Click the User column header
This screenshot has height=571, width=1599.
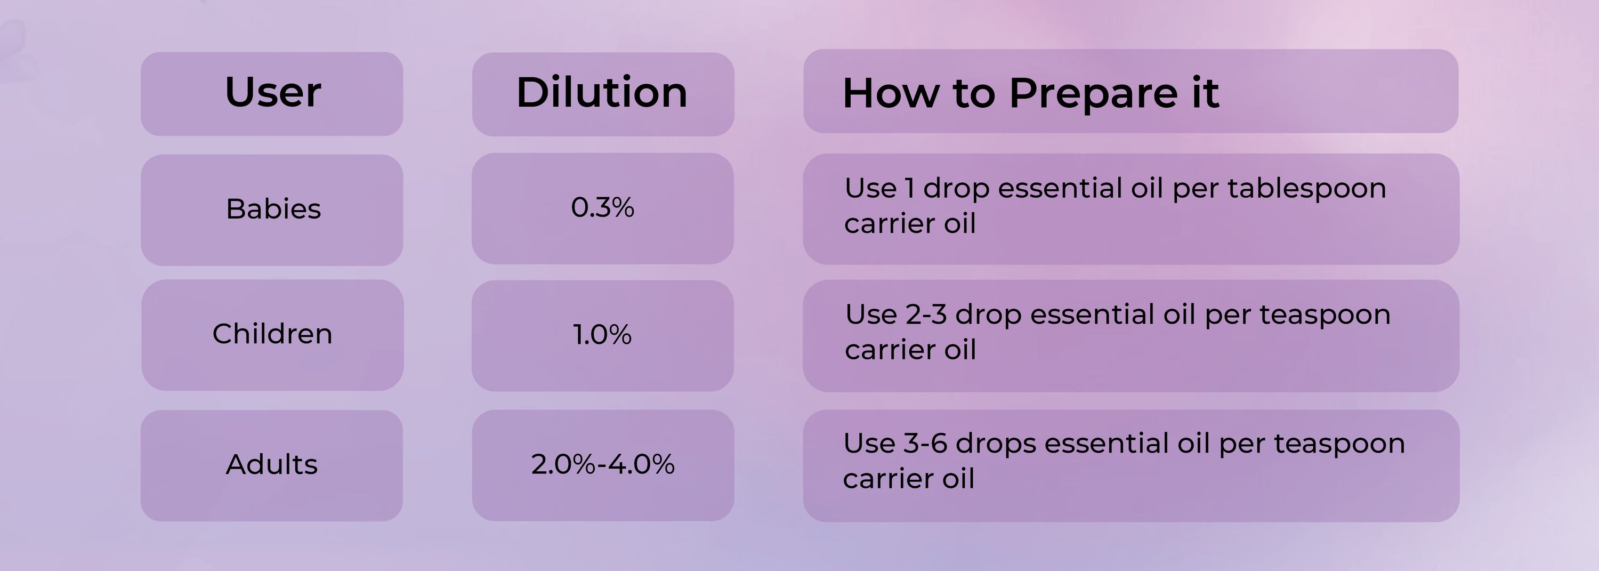273,92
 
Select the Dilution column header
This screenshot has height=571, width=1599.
602,92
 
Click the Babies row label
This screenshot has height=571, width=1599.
273,208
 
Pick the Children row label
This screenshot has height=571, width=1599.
272,333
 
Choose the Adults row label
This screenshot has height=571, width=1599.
272,464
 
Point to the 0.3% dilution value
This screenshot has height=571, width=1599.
603,207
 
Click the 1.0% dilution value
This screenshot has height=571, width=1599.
602,334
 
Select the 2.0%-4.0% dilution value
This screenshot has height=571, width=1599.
603,464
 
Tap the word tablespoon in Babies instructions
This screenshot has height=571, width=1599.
1306,189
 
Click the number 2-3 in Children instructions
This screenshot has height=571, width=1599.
926,314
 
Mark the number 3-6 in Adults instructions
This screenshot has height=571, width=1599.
925,443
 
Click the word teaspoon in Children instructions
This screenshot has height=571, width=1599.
1325,315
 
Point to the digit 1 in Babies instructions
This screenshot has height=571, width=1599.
910,188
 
